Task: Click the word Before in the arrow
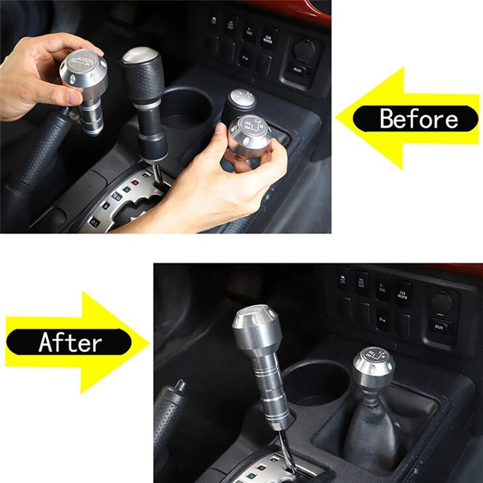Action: pos(418,119)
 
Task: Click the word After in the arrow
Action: pos(70,343)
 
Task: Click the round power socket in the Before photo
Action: pos(304,48)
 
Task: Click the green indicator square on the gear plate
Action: pos(126,189)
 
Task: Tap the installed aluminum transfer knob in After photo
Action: pos(373,369)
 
